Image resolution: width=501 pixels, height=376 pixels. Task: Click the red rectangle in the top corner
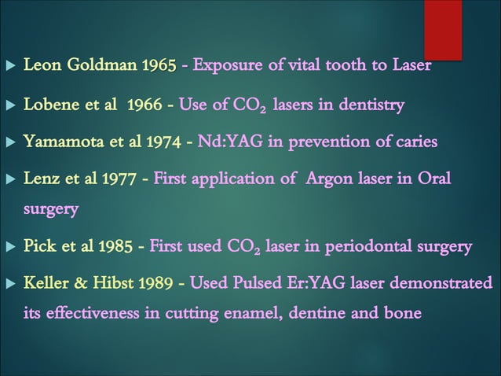(x=443, y=30)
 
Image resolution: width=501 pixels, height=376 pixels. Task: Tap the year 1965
(x=159, y=65)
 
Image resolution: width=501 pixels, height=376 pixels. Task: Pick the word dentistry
(x=366, y=105)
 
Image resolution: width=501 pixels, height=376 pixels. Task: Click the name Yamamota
(x=62, y=142)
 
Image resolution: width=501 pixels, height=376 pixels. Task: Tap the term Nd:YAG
(x=227, y=142)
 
